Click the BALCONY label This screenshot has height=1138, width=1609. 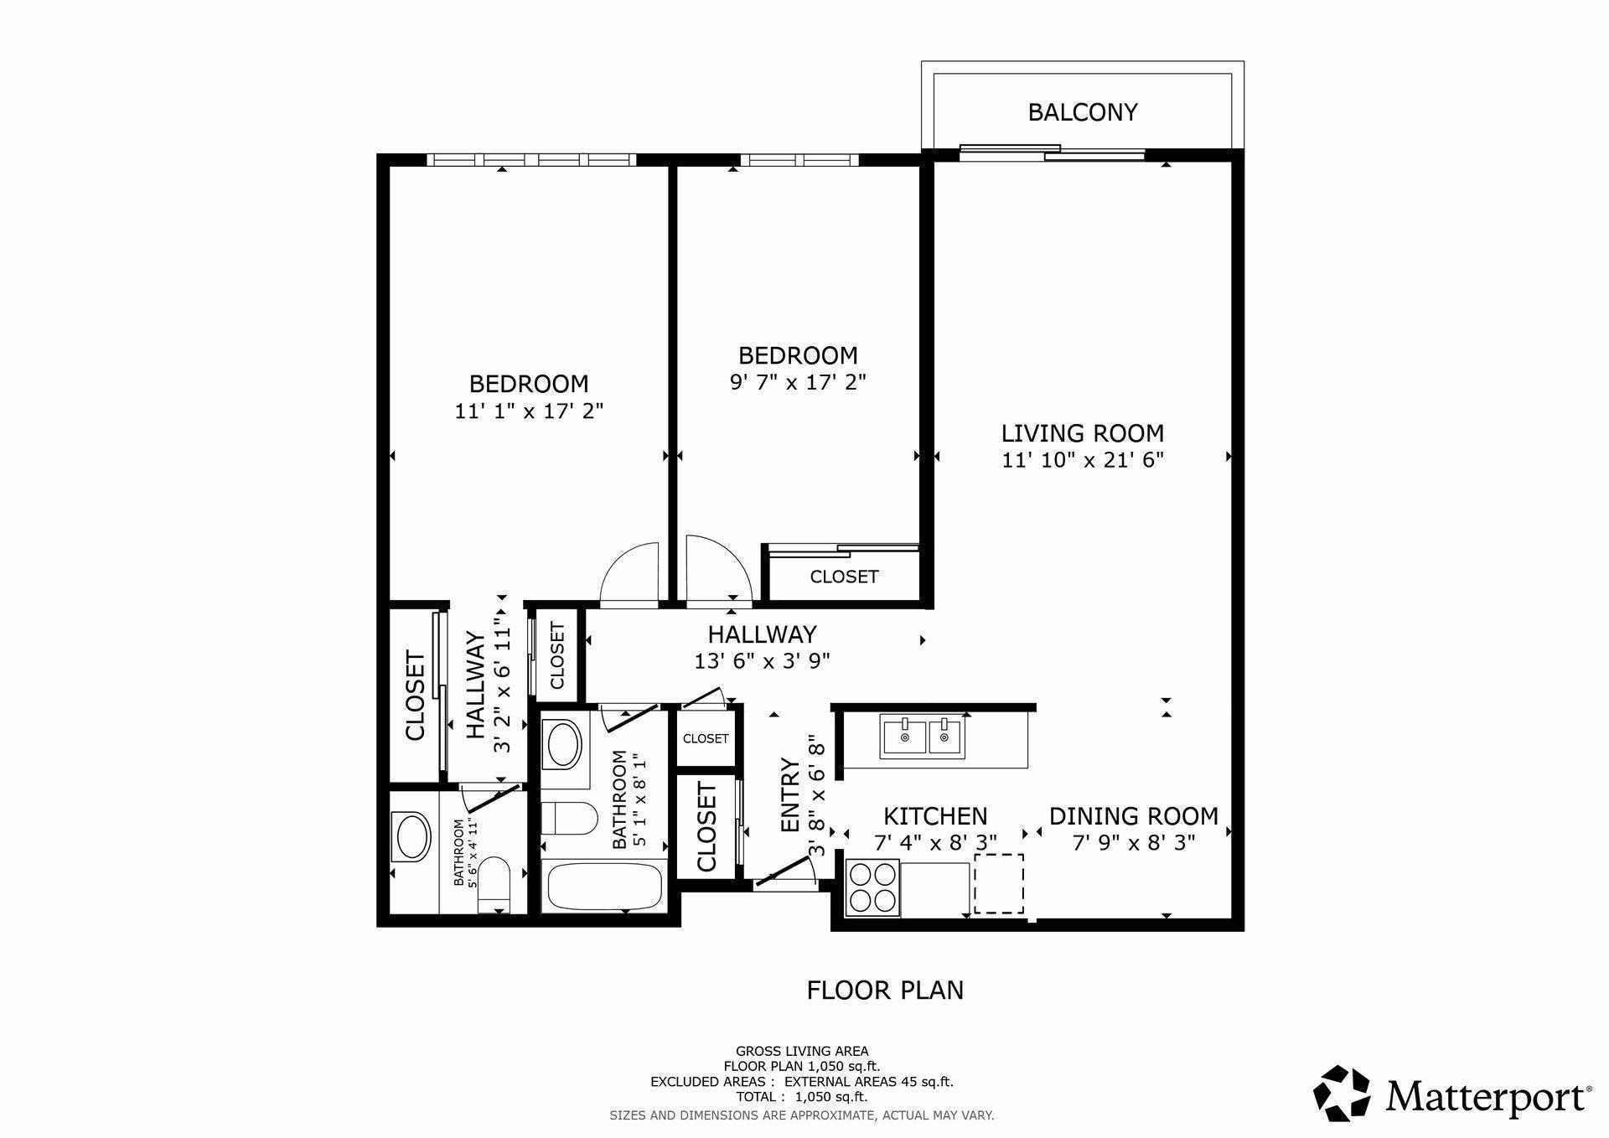pyautogui.click(x=1082, y=112)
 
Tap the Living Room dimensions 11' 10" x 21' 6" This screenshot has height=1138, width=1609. pyautogui.click(x=1082, y=460)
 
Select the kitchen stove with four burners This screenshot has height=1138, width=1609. pyautogui.click(x=872, y=887)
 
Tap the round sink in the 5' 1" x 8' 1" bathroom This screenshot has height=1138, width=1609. pyautogui.click(x=561, y=744)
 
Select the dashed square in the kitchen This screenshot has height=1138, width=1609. pyautogui.click(x=998, y=883)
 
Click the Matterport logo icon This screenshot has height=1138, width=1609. pyautogui.click(x=1342, y=1093)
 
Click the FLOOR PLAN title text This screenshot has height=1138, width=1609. pyautogui.click(x=884, y=991)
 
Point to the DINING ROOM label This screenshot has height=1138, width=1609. pyautogui.click(x=1133, y=815)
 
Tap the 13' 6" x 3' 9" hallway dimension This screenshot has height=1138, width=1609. pyautogui.click(x=762, y=661)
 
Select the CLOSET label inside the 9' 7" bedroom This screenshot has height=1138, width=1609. pyautogui.click(x=844, y=577)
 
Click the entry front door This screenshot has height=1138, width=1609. pyautogui.click(x=785, y=877)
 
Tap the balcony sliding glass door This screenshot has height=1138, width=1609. pyautogui.click(x=1053, y=153)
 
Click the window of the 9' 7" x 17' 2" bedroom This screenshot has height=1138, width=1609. pyautogui.click(x=799, y=159)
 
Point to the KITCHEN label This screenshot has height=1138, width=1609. pyautogui.click(x=935, y=815)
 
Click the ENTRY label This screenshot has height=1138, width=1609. pyautogui.click(x=789, y=795)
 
